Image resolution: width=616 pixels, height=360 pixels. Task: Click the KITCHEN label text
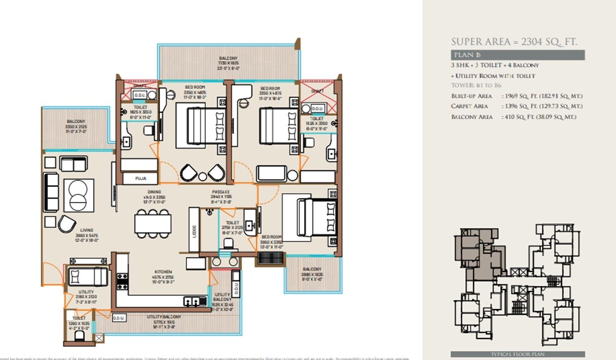(163, 272)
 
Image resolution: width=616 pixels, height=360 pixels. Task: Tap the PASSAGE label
(221, 192)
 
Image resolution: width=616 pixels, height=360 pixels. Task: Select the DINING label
(154, 192)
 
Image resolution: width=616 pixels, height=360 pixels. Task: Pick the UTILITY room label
(86, 292)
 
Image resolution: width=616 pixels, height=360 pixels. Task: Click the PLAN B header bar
(517, 55)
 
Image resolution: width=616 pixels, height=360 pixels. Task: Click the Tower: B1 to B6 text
(476, 85)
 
